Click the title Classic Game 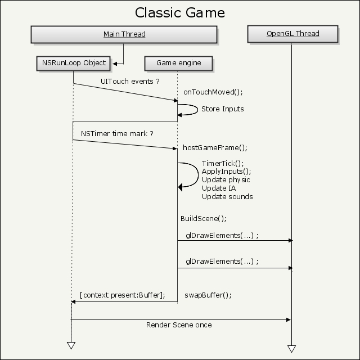180,12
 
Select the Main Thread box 124,34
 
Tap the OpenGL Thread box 292,34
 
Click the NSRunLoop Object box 74,64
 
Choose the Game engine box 179,64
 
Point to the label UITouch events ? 130,81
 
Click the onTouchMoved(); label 213,92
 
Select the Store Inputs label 223,109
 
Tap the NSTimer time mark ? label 117,134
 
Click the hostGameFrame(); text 215,147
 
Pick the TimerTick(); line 223,163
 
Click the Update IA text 219,188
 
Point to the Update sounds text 227,197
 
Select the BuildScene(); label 204,219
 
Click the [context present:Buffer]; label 123,295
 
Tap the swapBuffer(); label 208,295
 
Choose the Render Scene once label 179,325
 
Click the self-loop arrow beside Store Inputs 197,110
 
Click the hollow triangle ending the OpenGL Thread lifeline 291,349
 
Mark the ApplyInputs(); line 226,172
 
